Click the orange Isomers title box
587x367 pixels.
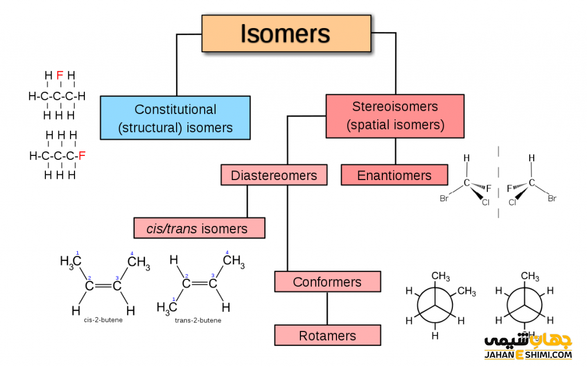click(285, 34)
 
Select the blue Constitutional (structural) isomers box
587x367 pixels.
click(175, 118)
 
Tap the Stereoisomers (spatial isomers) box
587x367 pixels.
click(395, 116)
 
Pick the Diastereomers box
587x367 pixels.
click(274, 175)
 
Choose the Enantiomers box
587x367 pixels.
click(394, 175)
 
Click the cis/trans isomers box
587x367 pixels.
click(199, 228)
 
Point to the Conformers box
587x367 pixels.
click(327, 282)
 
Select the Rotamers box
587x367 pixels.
click(327, 335)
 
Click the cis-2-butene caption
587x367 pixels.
click(103, 320)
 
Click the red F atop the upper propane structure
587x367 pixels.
click(60, 75)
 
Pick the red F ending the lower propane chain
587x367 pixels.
click(82, 155)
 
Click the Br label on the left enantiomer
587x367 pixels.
click(444, 199)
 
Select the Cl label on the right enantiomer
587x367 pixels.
click(512, 202)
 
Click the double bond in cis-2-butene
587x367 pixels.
click(103, 284)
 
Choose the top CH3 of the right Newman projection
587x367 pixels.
click(530, 278)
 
